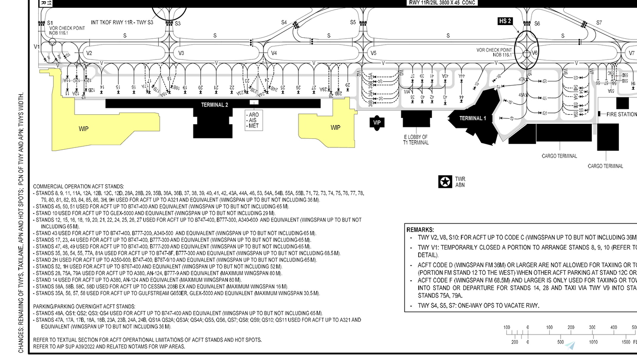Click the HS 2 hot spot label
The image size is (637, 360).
[506, 21]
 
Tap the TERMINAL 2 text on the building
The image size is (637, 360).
[215, 105]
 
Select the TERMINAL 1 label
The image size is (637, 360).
[472, 118]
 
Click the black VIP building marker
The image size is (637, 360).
[377, 122]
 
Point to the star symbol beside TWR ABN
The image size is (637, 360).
[445, 182]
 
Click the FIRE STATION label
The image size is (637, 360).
[621, 114]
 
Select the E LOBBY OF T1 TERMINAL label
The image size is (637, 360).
[416, 139]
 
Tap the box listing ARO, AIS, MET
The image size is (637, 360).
[253, 120]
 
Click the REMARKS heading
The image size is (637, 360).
[420, 230]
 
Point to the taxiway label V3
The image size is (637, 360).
[181, 53]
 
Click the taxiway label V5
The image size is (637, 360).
[373, 53]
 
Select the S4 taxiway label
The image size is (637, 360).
[284, 22]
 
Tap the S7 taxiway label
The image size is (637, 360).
[599, 22]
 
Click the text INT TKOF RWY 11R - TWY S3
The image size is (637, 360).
[122, 22]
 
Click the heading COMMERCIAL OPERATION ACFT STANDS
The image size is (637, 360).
[78, 187]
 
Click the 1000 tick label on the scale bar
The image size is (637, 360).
[593, 342]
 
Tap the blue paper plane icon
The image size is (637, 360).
[570, 345]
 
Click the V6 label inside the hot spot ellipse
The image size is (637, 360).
[535, 53]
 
